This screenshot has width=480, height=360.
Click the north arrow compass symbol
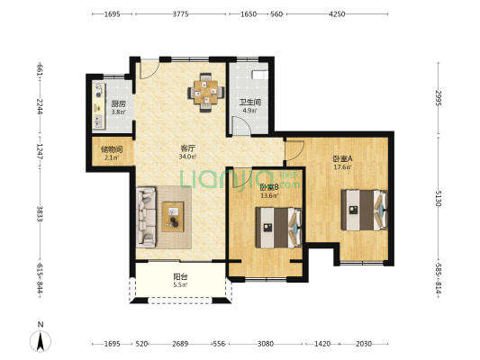click(x=41, y=341)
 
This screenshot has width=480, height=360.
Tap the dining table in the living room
click(x=205, y=92)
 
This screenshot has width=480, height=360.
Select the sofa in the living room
click(x=146, y=217)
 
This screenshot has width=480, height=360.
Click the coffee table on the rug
click(x=173, y=217)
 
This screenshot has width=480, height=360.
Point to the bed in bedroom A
click(x=365, y=210)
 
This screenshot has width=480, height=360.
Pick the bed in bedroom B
click(x=278, y=228)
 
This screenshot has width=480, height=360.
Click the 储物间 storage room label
click(x=112, y=149)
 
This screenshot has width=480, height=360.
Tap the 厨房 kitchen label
click(x=118, y=104)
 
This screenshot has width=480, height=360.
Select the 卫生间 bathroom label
click(x=250, y=103)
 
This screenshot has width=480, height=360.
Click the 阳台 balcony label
click(x=180, y=277)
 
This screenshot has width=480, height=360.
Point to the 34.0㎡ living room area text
click(x=187, y=157)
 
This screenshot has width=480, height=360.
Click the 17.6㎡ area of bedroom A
click(x=342, y=167)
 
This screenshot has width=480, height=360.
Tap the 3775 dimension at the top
click(x=180, y=14)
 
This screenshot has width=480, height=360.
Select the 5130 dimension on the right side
click(x=439, y=198)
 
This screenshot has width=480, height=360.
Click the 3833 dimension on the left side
click(x=40, y=214)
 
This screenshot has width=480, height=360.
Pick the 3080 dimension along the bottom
click(x=266, y=344)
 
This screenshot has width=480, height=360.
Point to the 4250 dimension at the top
click(x=337, y=14)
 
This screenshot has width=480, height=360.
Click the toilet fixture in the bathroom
click(x=260, y=75)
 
